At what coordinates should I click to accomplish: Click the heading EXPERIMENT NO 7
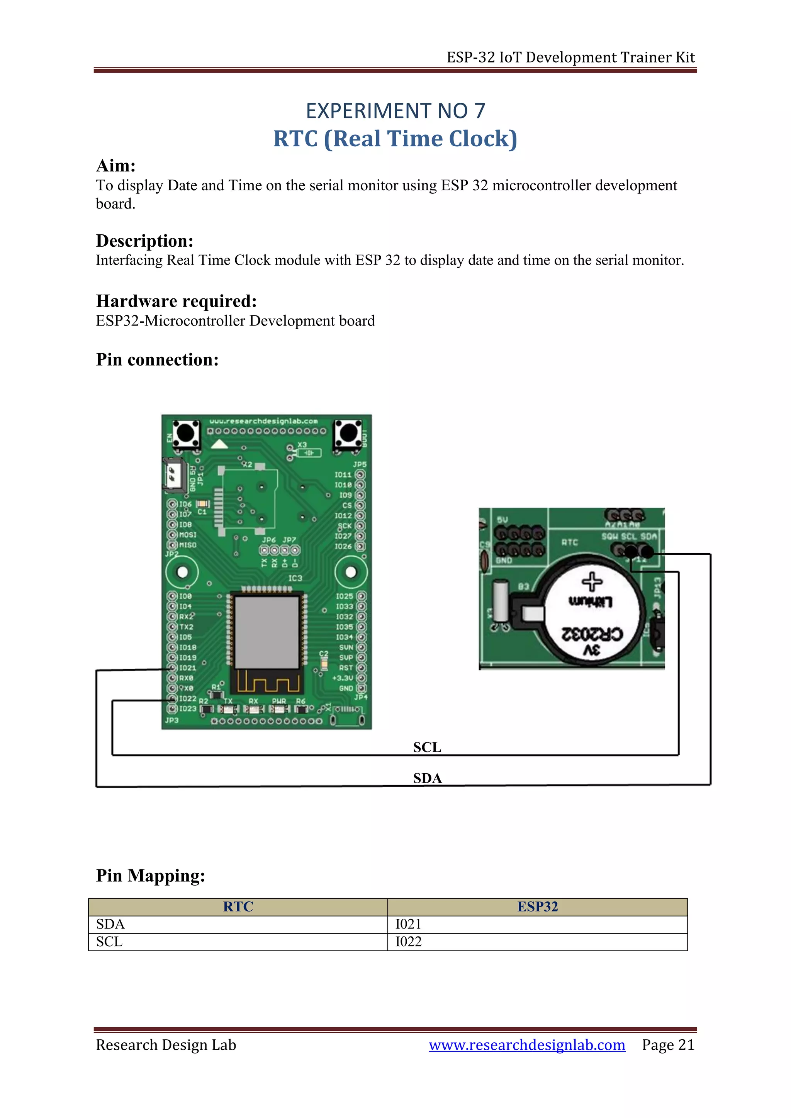pos(395,111)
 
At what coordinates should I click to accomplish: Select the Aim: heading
pos(115,166)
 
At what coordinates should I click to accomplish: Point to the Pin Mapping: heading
pos(151,876)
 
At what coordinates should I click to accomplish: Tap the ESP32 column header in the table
pos(537,907)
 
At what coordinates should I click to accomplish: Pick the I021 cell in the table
pos(408,924)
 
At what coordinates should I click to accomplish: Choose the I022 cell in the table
pos(408,942)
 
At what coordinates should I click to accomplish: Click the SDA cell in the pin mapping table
pos(110,924)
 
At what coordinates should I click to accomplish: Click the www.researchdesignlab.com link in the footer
pos(526,1045)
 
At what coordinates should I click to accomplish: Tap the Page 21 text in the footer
pos(668,1045)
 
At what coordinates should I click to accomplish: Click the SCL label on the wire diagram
pos(427,747)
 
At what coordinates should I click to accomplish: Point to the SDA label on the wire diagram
pos(427,778)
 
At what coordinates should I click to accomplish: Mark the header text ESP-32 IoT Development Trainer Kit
pos(570,58)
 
